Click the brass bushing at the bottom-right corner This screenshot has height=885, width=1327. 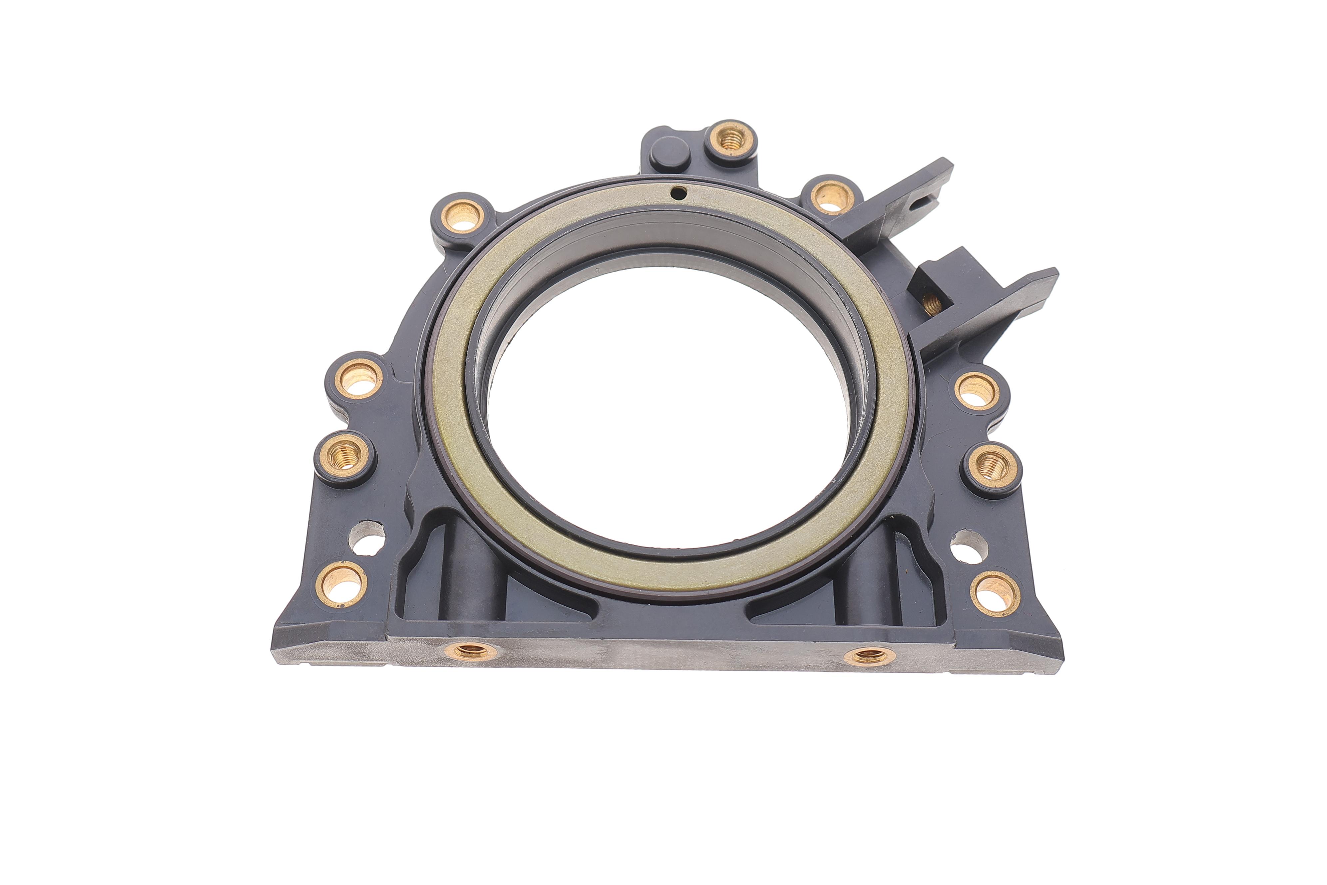coord(995,594)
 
